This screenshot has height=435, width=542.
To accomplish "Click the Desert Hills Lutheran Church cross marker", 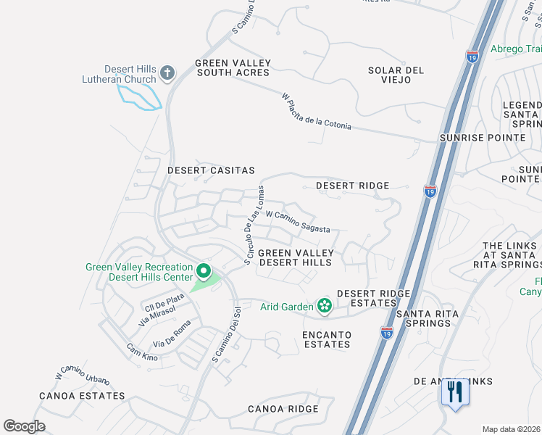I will pos(167,72).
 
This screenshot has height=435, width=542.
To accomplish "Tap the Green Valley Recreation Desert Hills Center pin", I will pos(204,273).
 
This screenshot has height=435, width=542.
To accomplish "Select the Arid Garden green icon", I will pos(323,307).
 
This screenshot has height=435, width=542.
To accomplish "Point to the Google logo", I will pos(24,426).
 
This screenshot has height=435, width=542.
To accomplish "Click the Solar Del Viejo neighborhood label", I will pos(395,75).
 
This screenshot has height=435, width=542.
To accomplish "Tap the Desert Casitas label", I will pos(211,170).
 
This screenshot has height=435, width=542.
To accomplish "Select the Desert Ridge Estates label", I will pos(374,298).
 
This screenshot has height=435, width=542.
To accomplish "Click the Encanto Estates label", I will pos(327,339).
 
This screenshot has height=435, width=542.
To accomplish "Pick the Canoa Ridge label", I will pos(283,409).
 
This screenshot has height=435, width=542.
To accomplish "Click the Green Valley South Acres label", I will pos(232,67).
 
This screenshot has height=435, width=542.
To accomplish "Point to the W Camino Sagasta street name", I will pos(297,221).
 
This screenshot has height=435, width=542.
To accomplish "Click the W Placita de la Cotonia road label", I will pos(317,111).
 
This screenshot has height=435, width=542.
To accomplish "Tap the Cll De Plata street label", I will pos(164,302).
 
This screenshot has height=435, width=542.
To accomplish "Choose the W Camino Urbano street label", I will pos(83,378).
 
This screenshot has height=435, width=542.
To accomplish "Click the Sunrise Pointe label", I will pos(482,137).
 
